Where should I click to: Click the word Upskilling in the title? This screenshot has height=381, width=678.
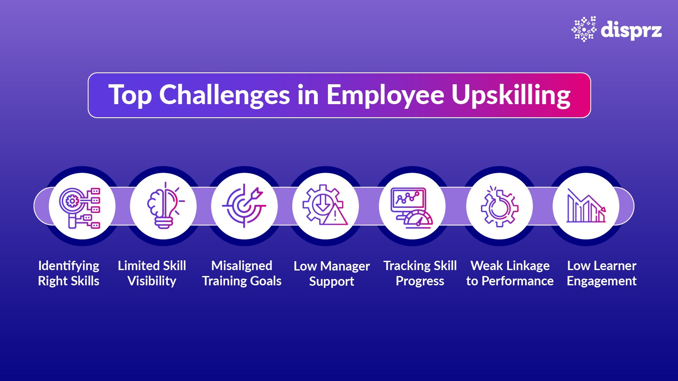tap(511, 95)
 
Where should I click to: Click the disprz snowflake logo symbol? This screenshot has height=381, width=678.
tap(584, 29)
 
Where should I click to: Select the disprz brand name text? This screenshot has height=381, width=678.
tap(631, 30)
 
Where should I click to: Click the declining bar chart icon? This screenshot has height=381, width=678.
tap(586, 206)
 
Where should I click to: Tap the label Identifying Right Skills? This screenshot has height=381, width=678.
tap(69, 273)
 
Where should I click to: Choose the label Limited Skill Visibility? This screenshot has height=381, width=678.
tap(152, 273)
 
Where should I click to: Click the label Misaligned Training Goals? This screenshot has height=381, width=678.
tap(242, 273)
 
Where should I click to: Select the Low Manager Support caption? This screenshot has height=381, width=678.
tap(331, 273)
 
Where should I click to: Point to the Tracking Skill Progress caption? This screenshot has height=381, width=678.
tap(420, 273)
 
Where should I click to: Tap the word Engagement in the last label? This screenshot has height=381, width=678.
tap(601, 281)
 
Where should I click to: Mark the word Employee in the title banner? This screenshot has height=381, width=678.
tap(385, 95)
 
